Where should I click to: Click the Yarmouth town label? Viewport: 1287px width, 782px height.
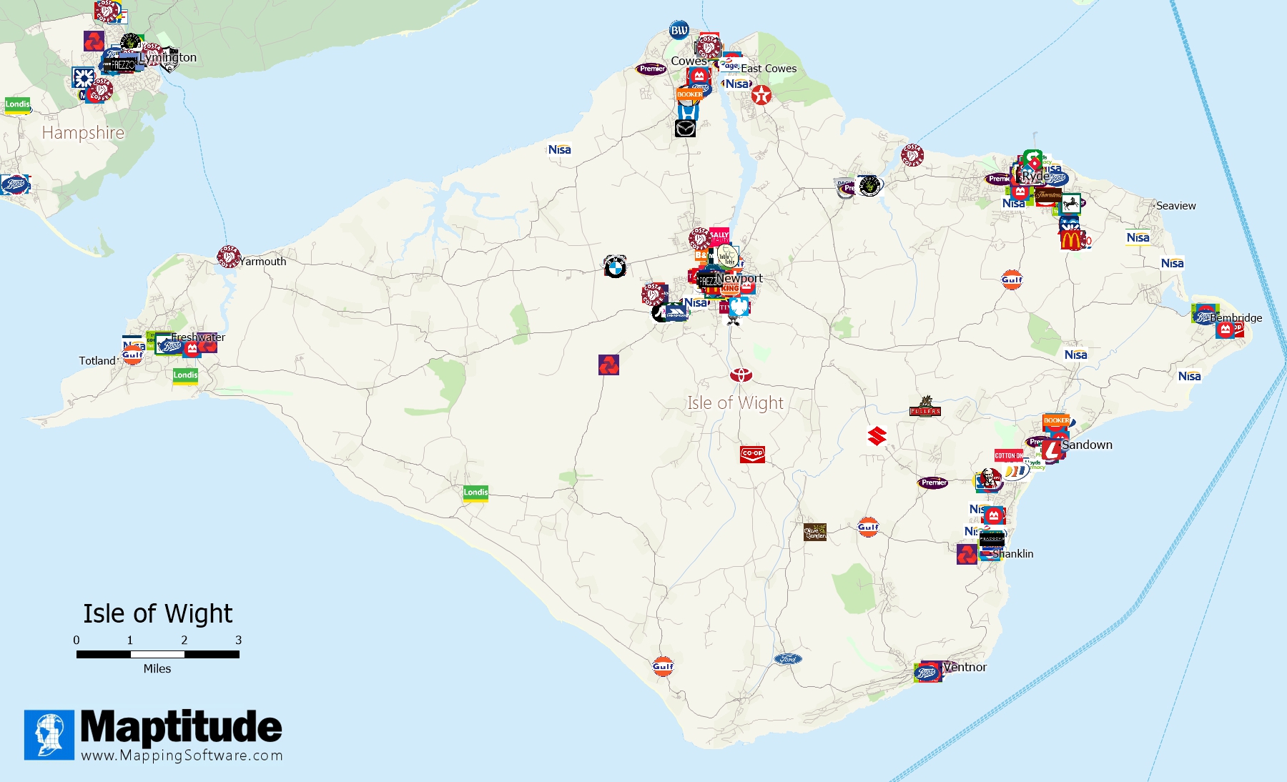263,262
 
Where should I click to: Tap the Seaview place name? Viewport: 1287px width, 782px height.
1175,206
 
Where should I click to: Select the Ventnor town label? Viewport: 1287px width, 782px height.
965,667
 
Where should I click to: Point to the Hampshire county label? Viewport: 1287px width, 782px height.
83,133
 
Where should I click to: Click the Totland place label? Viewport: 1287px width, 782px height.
97,361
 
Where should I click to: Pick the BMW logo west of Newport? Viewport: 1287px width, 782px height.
615,267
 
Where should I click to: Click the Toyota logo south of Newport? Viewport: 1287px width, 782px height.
741,375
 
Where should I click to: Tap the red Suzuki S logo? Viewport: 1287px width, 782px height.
877,435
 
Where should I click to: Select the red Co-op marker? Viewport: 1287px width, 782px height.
752,454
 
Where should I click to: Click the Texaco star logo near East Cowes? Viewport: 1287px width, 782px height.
761,95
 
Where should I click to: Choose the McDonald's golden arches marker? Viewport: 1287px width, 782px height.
1071,239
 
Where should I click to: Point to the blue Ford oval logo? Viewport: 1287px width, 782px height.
788,659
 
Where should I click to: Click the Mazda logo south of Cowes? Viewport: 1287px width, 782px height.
686,129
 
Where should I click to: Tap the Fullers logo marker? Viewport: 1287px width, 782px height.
925,407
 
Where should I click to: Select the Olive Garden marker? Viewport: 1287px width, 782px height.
815,532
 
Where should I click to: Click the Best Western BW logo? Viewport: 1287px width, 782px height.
679,30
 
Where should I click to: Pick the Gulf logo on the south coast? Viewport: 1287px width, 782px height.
663,666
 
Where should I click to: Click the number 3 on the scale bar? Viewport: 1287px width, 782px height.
239,640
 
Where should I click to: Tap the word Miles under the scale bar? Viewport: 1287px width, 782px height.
157,669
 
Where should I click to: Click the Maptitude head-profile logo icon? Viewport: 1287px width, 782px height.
49,735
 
